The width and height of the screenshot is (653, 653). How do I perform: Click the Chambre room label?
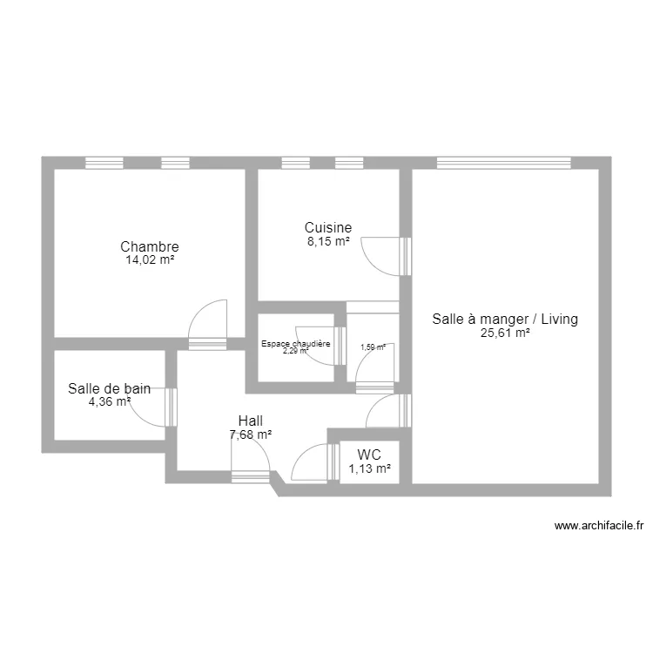coord(150,246)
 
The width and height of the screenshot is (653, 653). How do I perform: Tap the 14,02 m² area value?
coord(150,259)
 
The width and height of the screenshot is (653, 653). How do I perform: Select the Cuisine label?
coord(327,228)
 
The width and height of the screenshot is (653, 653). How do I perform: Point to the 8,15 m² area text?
coord(327,241)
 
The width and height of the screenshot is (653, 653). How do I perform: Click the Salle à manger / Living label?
coord(505,320)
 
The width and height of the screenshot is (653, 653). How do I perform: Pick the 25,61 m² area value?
coord(505,332)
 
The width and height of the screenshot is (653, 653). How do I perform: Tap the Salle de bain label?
coord(109,389)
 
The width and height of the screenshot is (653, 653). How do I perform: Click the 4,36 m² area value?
coord(110,401)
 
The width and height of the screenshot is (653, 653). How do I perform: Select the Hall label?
coord(250,421)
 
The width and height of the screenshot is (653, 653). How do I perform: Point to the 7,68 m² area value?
coord(250,434)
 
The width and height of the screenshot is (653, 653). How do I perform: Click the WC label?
coord(369,455)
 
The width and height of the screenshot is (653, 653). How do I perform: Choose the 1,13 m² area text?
coord(369,468)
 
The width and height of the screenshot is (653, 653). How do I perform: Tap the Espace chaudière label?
coord(296,344)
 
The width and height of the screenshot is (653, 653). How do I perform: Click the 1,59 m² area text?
coord(373,347)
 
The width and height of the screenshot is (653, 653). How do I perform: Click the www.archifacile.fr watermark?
coord(598,525)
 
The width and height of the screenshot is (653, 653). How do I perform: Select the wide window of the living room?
coord(503,162)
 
